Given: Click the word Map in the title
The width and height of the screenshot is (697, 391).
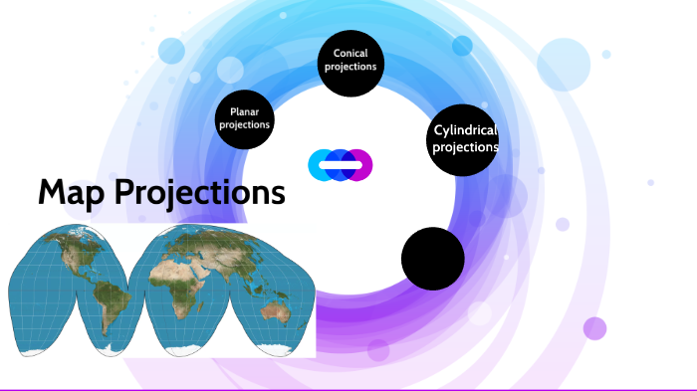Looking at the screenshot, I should pos(72,192).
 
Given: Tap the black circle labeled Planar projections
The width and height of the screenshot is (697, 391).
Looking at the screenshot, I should pos(245,118).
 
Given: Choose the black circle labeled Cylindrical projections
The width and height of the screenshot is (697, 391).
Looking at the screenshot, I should pos(464,139).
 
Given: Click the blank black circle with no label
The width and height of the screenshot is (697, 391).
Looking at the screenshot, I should pos(433,259).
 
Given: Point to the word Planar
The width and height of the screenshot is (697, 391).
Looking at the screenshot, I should pos(245,112).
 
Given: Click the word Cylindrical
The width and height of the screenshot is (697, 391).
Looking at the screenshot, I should pos(465,130).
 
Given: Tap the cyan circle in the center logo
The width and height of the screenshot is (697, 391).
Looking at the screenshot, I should pos(321,164).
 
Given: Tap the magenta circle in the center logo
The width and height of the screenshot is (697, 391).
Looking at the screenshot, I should pos(360,164).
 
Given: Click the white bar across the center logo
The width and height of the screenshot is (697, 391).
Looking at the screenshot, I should pos(341,164).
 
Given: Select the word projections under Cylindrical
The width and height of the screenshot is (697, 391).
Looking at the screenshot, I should pos(465,147).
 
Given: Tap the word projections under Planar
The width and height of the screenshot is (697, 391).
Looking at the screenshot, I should pos(245,125).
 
